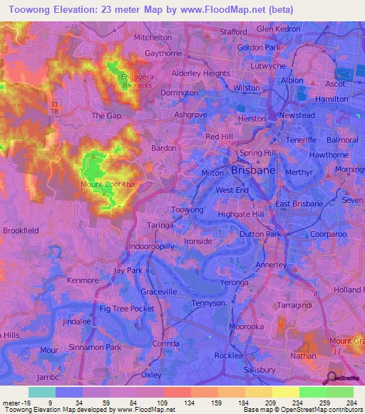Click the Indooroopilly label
pos(151,245)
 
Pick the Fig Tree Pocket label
pos(127,308)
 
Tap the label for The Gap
pos(103,115)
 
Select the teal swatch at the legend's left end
pos(41,392)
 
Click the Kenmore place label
pos(83,281)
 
